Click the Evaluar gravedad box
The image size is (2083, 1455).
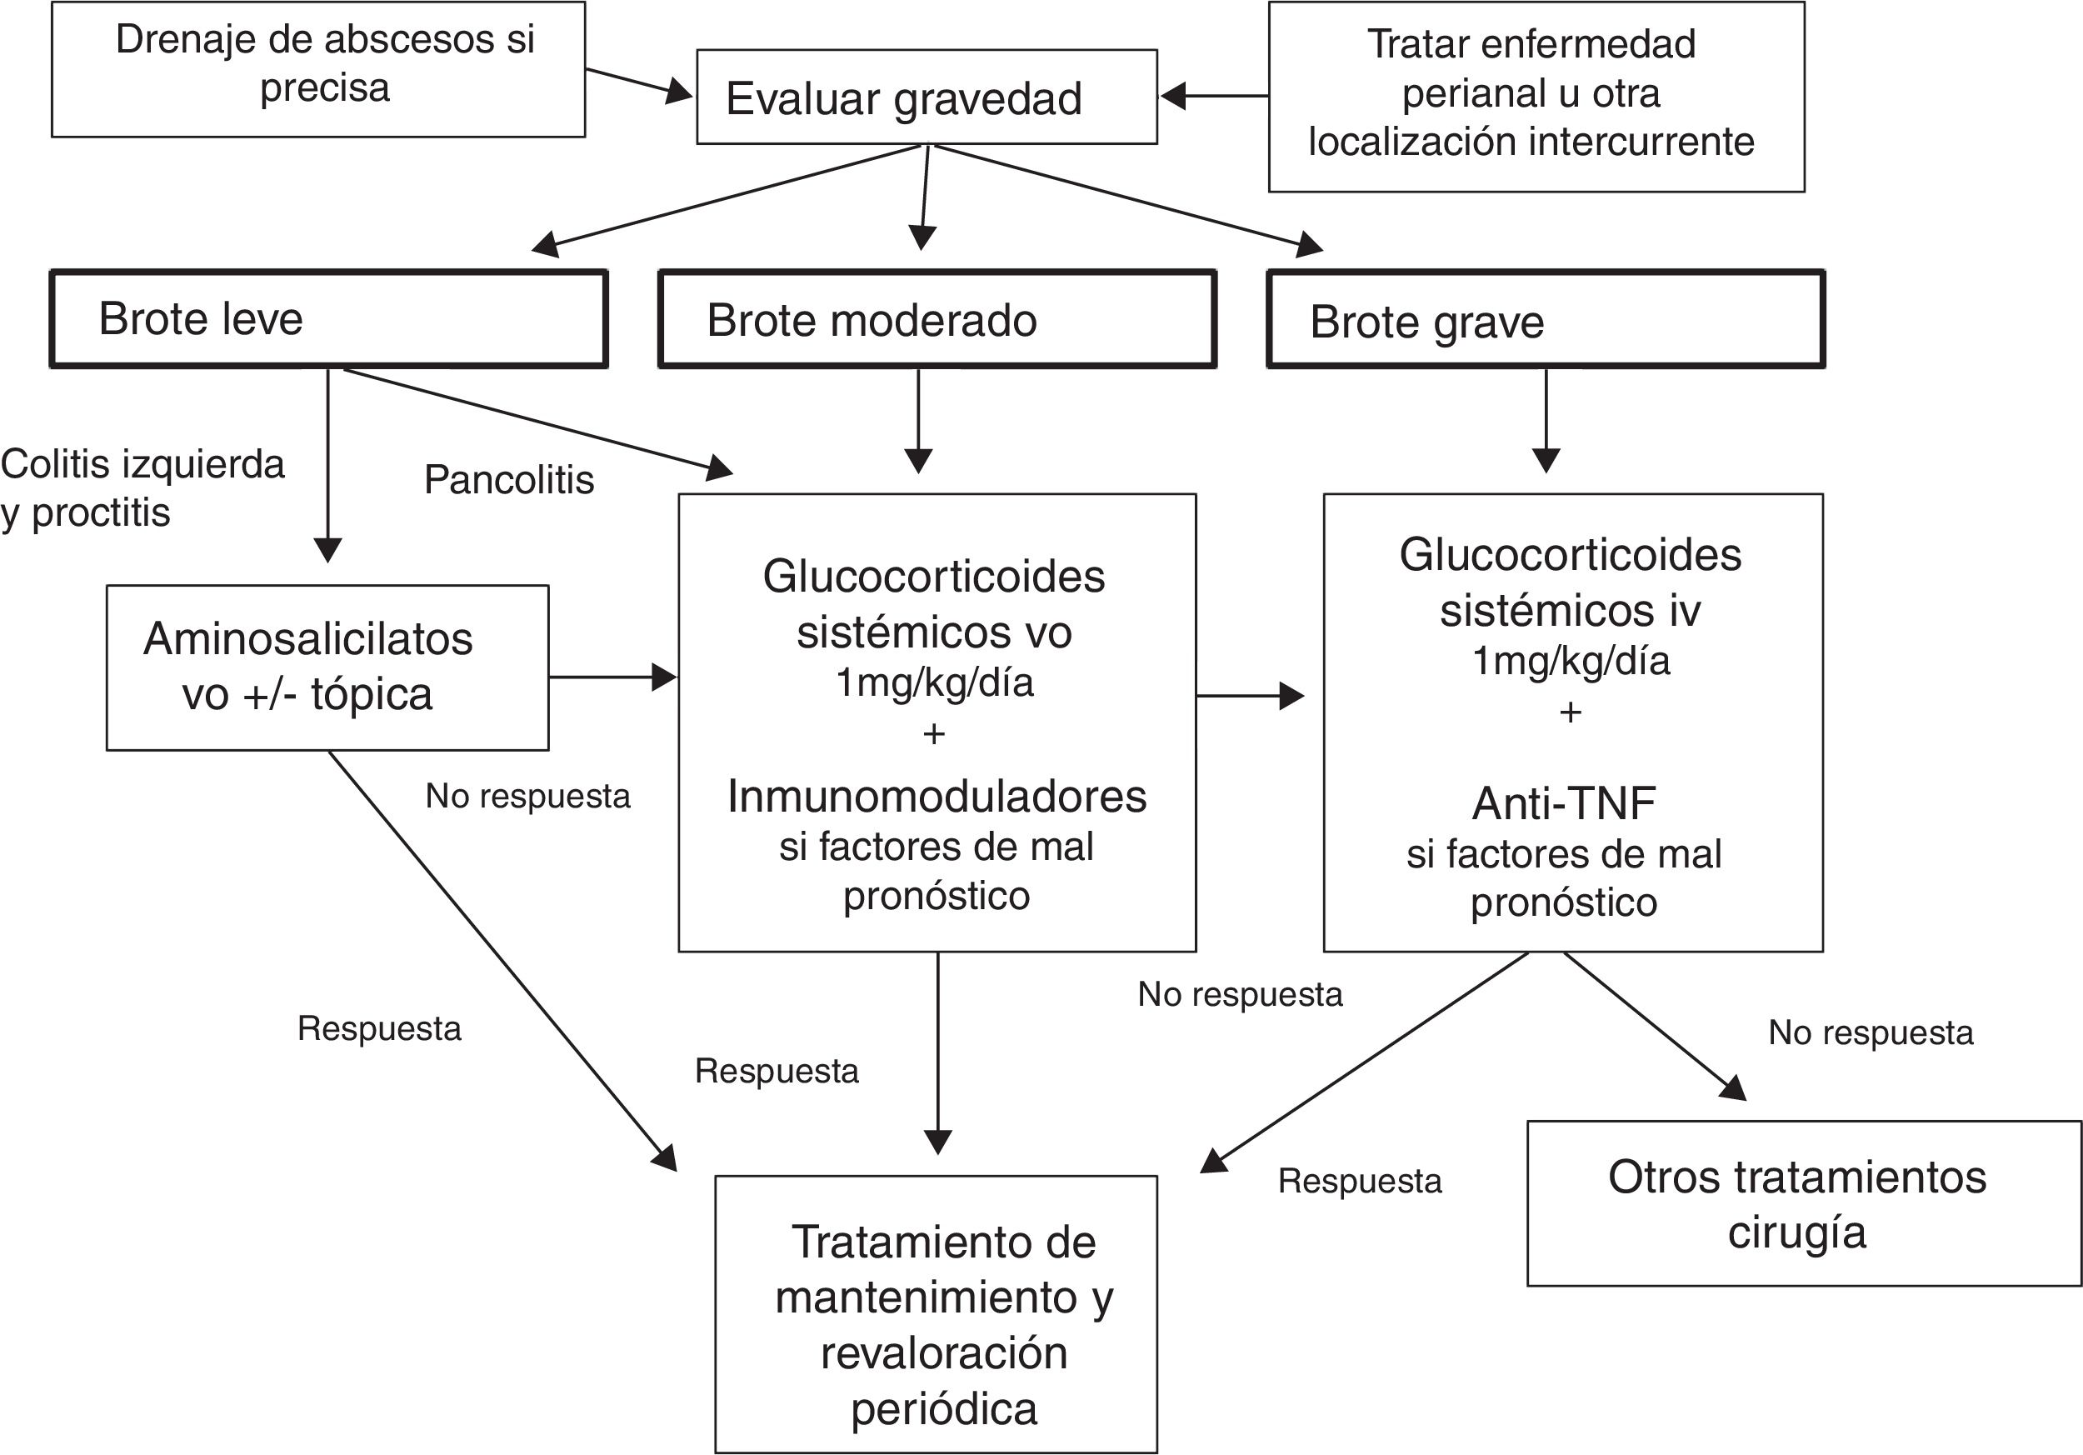tap(927, 97)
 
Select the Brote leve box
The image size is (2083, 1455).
tap(328, 319)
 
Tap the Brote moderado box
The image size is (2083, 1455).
tap(937, 319)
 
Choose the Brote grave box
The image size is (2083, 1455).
tap(1545, 319)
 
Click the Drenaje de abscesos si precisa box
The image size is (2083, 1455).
tap(317, 69)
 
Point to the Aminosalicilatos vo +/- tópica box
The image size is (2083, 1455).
tap(327, 667)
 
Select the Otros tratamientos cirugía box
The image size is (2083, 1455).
tap(1804, 1203)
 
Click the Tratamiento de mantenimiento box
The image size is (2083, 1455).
tap(936, 1314)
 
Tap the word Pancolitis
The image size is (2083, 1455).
tap(509, 480)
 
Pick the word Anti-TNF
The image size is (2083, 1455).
tap(1563, 802)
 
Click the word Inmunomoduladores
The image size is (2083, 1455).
tap(937, 797)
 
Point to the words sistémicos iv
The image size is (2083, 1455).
tap(1570, 612)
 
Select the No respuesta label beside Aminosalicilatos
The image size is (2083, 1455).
tap(527, 797)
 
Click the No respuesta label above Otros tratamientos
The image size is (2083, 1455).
tap(1871, 1032)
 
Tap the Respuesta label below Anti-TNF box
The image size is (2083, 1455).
tap(1359, 1181)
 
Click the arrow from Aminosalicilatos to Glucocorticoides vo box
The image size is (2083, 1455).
tap(612, 677)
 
